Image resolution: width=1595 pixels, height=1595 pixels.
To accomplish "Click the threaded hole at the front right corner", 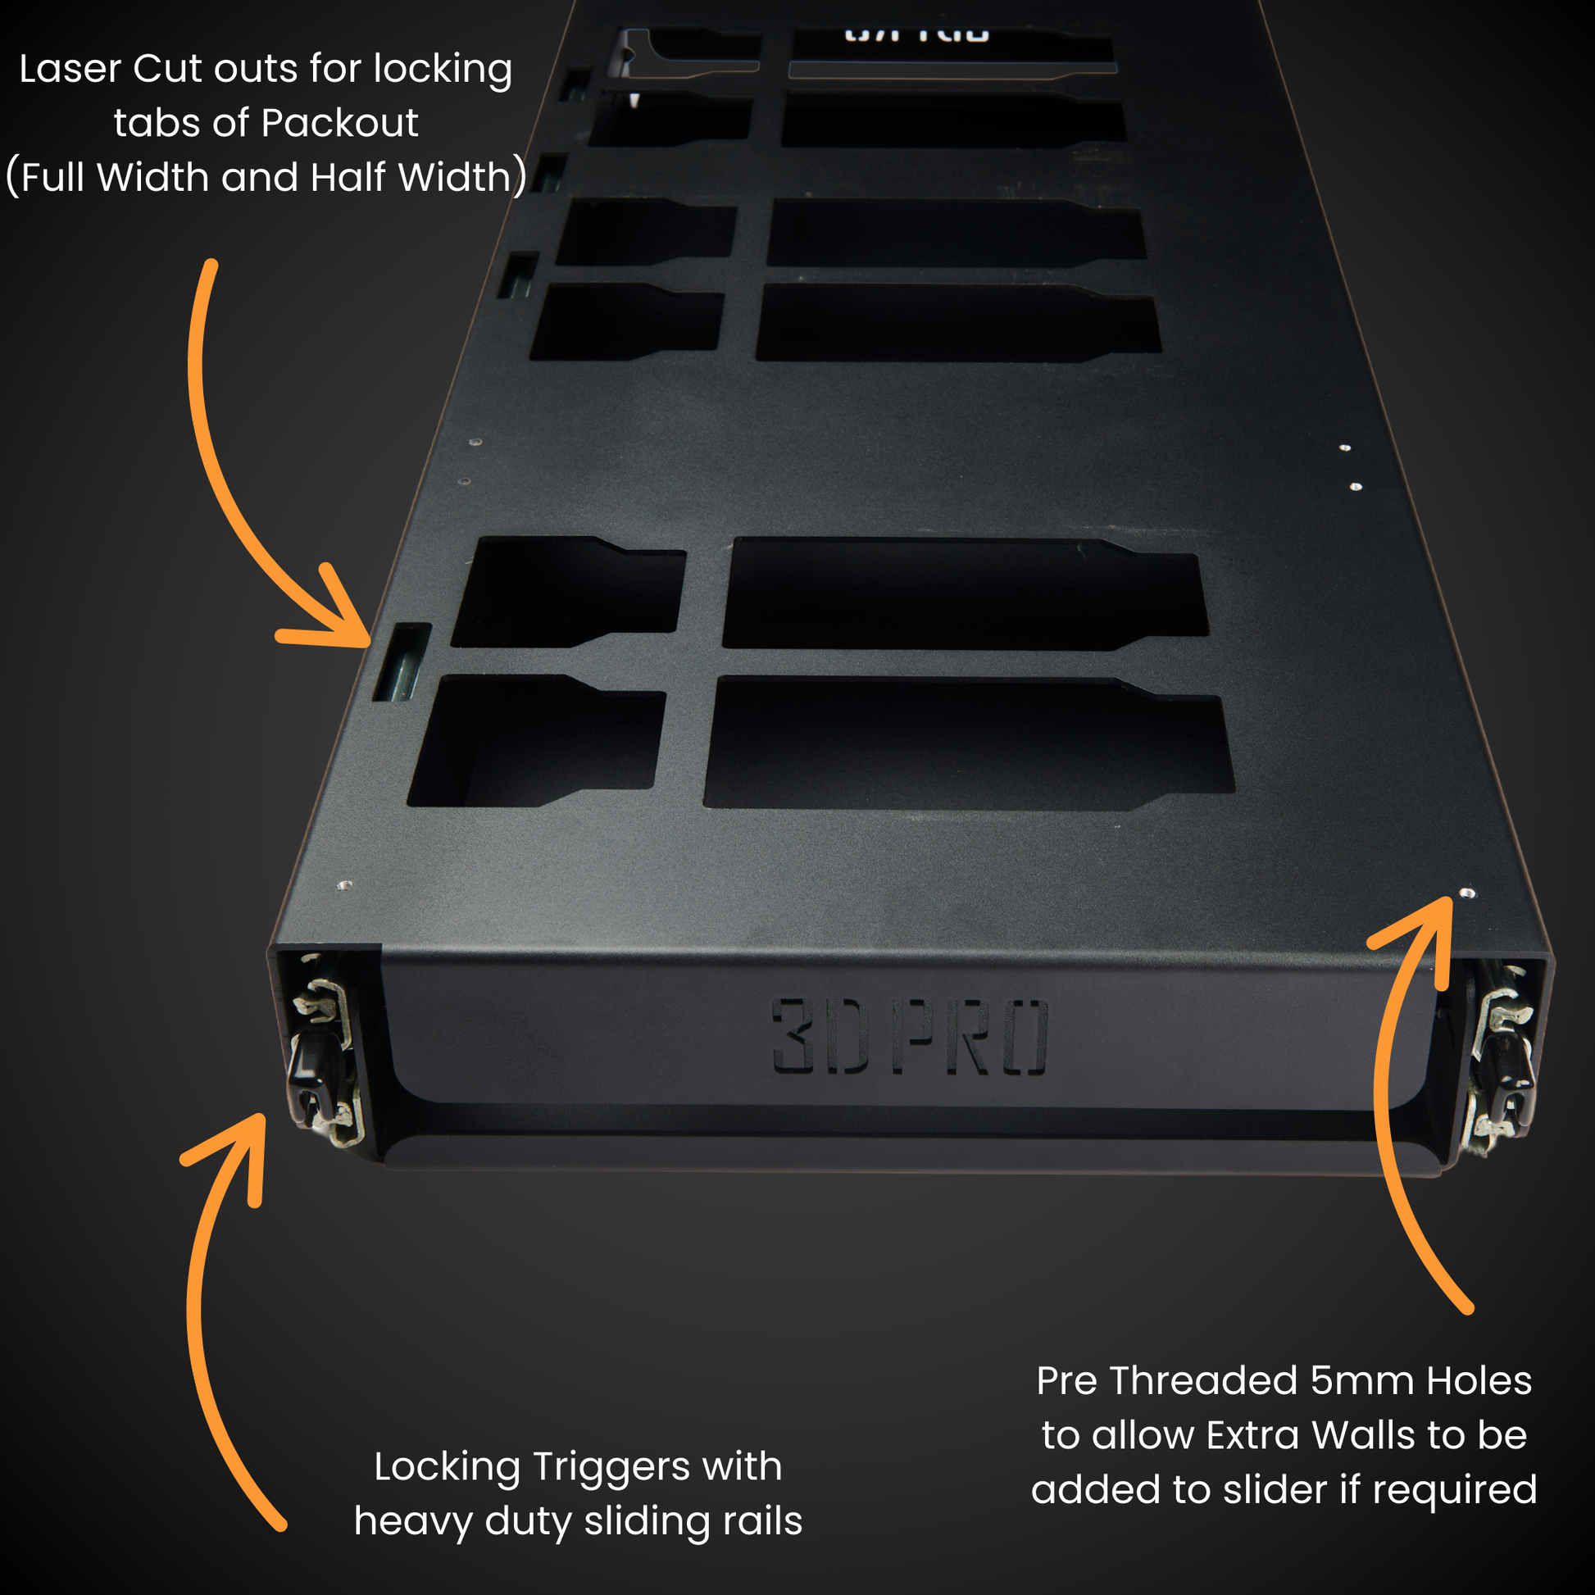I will tap(1467, 893).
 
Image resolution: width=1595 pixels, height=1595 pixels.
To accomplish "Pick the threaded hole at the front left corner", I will tap(345, 885).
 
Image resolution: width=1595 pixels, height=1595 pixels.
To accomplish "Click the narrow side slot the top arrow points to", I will tap(402, 663).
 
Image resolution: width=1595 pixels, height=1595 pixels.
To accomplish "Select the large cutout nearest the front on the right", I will tap(966, 743).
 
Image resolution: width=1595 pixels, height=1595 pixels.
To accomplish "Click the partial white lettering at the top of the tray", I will tap(916, 34).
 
